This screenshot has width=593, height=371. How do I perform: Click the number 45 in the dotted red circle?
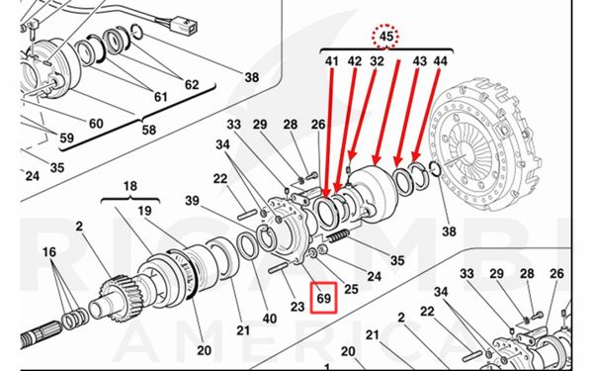tap(385, 37)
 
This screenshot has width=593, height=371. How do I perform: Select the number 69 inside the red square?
tap(324, 299)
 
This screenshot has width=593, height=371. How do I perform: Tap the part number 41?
tap(332, 61)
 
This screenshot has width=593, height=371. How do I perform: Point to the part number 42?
tap(355, 61)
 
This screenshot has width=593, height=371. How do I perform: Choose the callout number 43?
tap(419, 61)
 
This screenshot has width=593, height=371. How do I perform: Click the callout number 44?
tap(440, 61)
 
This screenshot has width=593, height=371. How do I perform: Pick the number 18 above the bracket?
tap(130, 186)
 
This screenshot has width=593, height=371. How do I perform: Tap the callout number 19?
tap(144, 211)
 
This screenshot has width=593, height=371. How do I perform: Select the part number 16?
tap(49, 251)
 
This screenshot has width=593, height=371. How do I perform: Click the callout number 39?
tap(192, 200)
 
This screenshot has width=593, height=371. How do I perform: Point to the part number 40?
tap(269, 319)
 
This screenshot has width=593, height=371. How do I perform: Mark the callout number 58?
tap(148, 130)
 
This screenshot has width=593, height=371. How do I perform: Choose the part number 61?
tap(160, 97)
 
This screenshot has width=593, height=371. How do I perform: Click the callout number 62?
tap(192, 84)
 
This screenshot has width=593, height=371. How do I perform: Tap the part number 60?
tap(96, 123)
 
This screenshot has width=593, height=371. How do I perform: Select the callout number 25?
tap(351, 289)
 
